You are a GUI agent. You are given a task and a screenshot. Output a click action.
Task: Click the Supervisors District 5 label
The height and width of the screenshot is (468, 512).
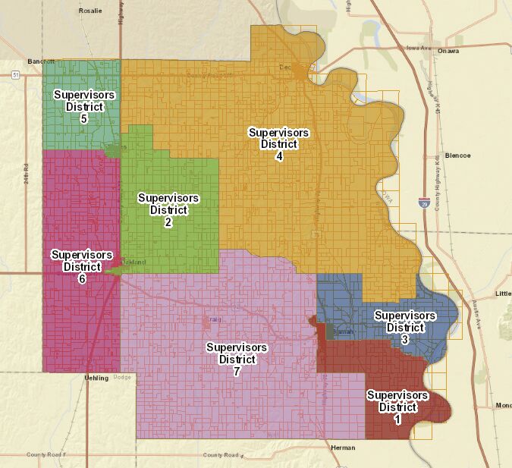(84, 107)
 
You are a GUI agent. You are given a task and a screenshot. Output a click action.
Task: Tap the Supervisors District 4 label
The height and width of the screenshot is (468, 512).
(278, 144)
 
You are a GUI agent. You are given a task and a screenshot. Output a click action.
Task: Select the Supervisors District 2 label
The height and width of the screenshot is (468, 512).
(168, 210)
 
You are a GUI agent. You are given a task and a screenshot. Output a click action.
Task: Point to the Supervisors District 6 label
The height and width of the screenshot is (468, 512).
(82, 267)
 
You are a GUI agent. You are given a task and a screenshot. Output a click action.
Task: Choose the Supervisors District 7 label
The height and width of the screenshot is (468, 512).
(237, 360)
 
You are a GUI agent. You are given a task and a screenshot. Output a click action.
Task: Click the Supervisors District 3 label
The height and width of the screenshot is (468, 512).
(405, 328)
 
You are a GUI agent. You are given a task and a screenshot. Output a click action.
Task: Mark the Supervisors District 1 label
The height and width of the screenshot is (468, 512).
(397, 407)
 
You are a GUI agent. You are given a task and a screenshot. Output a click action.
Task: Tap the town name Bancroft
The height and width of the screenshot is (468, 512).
(42, 61)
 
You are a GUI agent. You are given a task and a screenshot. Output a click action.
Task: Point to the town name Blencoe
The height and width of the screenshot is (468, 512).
(457, 155)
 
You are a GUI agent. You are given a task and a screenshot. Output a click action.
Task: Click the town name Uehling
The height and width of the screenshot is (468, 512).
(96, 377)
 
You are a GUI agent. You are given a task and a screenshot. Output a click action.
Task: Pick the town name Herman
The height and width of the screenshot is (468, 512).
(343, 448)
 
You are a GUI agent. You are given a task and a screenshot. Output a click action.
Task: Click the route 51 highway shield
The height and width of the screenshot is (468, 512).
(15, 74)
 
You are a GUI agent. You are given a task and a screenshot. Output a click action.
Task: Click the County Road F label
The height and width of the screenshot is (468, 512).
(46, 454)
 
